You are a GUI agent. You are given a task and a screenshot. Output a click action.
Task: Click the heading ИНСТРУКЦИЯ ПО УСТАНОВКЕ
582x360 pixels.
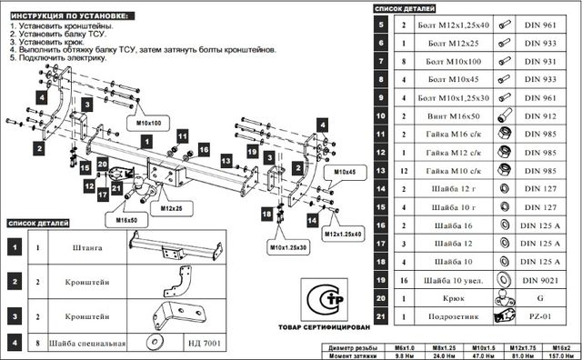(68, 16)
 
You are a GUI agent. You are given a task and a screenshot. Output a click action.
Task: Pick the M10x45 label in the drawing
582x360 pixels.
(345, 171)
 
